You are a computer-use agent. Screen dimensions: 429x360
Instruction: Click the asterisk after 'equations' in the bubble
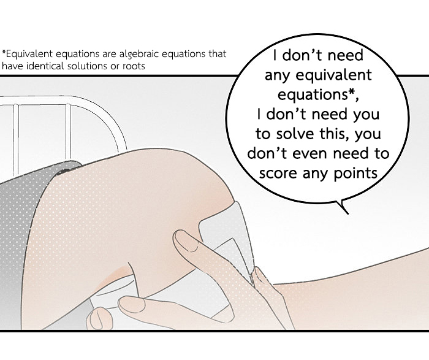point(352,93)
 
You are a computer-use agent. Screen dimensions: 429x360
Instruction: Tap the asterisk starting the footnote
point(4,52)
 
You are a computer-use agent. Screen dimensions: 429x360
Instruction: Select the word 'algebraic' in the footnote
point(140,55)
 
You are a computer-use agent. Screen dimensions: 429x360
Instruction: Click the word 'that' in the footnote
point(218,53)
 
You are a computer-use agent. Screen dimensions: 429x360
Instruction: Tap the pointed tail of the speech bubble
point(347,213)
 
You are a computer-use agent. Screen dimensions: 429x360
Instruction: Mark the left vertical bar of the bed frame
point(16,140)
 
